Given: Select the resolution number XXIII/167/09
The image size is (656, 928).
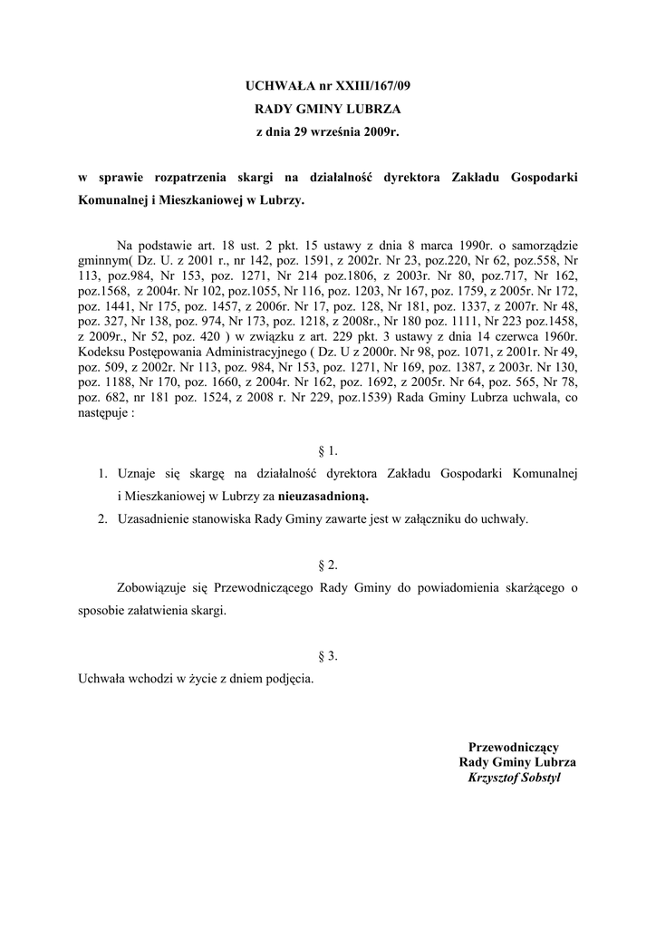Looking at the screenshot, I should point(371,87).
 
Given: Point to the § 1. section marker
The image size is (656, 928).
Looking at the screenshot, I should point(327,449).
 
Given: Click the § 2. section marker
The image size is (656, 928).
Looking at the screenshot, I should point(327,565).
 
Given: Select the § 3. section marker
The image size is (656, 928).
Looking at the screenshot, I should point(327,655).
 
